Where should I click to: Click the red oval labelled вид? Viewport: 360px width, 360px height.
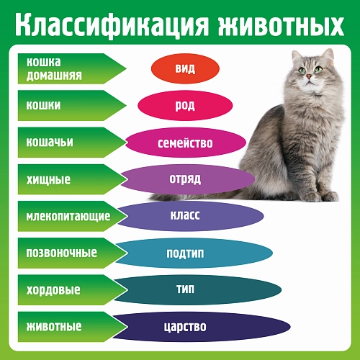tap(185, 69)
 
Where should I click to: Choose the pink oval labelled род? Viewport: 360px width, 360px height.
tap(185, 106)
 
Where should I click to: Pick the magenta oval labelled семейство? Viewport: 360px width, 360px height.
tap(185, 143)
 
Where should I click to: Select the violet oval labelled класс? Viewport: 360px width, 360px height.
tap(185, 216)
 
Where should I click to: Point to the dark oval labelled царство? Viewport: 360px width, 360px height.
tap(186, 326)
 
